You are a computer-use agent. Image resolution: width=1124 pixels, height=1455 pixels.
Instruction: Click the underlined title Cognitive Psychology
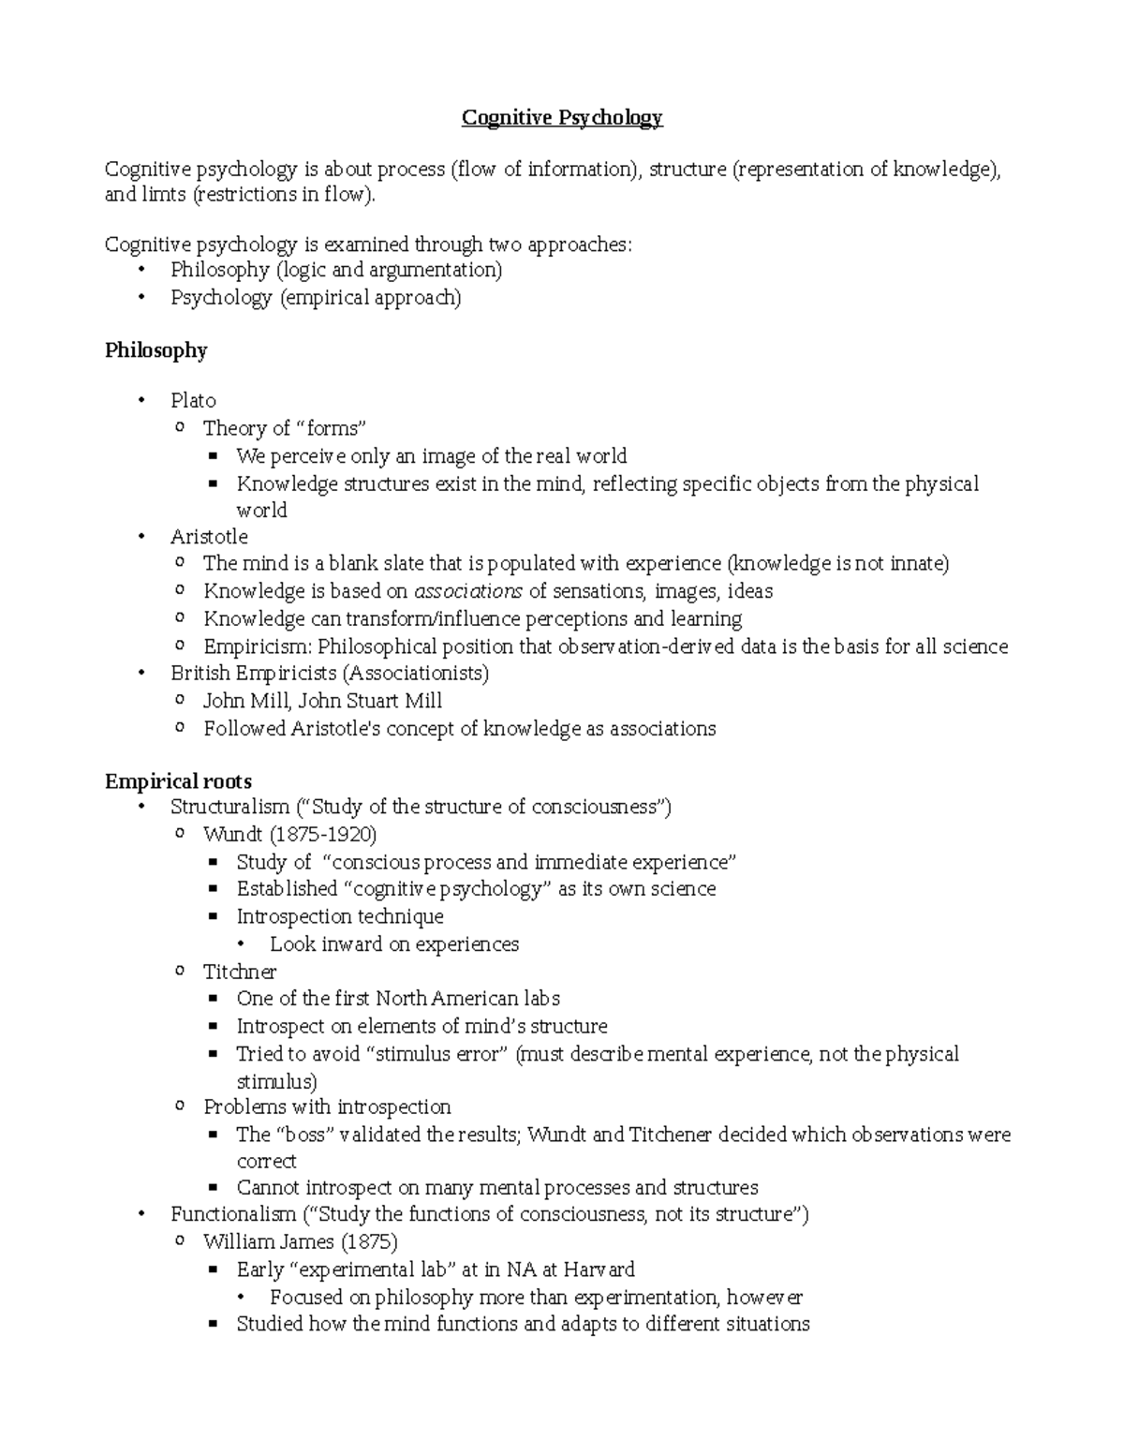click(562, 118)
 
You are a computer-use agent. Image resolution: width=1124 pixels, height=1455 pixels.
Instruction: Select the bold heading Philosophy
click(155, 350)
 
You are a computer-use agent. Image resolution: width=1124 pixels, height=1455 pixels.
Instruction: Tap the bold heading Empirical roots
click(178, 781)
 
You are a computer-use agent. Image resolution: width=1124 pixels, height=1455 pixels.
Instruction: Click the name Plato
click(193, 401)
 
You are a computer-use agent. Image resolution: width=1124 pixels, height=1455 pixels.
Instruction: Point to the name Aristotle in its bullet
click(209, 537)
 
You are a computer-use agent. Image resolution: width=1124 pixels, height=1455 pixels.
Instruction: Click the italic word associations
click(468, 591)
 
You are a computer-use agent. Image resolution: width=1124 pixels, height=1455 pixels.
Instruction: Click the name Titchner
click(240, 972)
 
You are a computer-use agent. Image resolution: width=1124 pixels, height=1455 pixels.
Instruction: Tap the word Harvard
click(599, 1269)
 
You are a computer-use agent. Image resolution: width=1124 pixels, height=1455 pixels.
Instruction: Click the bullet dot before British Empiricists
click(141, 674)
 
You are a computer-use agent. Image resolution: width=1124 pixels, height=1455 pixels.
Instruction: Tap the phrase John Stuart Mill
click(370, 701)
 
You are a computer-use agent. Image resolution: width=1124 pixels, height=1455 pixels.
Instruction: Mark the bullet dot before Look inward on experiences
click(246, 944)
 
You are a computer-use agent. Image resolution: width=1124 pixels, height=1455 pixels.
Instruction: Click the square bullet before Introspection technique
click(214, 917)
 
